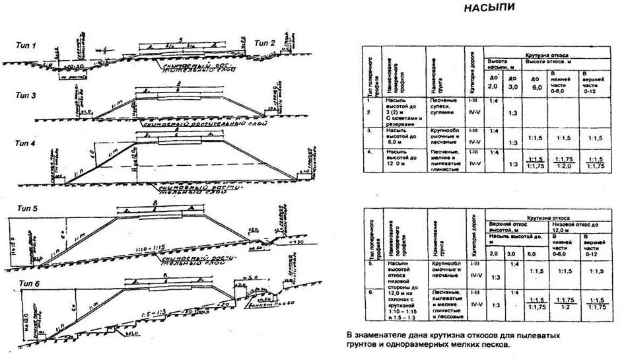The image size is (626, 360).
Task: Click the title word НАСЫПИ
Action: [x=489, y=9]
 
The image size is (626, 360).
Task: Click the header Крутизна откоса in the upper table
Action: [x=546, y=55]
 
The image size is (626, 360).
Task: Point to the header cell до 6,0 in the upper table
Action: [x=536, y=83]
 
